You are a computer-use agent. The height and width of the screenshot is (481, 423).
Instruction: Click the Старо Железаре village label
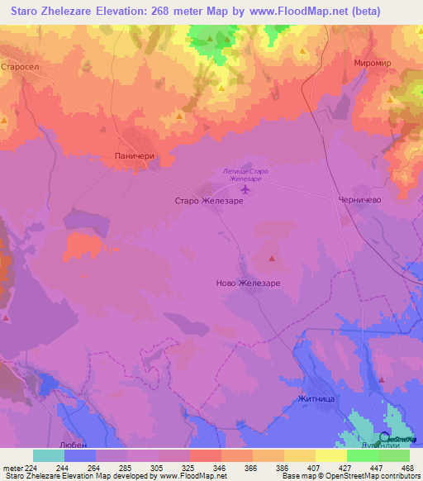pyautogui.click(x=209, y=200)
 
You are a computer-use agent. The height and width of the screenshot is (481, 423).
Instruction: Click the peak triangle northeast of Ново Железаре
pyautogui.click(x=273, y=260)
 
